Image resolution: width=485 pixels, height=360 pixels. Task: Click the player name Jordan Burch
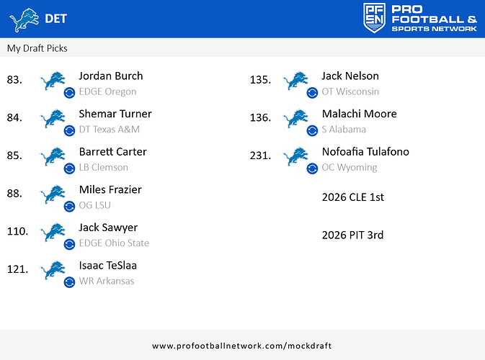[110, 76]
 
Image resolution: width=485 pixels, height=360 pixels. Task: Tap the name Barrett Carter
[112, 152]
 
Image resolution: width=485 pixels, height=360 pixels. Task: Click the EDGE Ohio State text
[114, 243]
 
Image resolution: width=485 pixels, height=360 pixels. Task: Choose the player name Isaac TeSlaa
[107, 266]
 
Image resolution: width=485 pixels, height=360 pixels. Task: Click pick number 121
[17, 269]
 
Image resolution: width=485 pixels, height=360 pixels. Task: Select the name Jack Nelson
[350, 76]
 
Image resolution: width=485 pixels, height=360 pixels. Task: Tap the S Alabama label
[344, 130]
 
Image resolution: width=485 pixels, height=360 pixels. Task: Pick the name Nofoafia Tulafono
[365, 152]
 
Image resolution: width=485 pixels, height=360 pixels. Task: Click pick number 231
[260, 156]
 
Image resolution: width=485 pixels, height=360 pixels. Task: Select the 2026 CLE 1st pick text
[352, 197]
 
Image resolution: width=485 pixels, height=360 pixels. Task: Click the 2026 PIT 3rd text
[352, 235]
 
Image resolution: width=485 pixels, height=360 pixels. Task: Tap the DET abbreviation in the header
[56, 19]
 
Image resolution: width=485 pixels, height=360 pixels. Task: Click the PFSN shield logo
[375, 18]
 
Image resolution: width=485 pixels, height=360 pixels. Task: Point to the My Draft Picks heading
[37, 48]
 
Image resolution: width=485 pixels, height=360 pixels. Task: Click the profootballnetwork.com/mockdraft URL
[242, 346]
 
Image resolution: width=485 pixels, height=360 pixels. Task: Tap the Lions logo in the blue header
[25, 19]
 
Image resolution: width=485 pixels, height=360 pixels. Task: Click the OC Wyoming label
[349, 168]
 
